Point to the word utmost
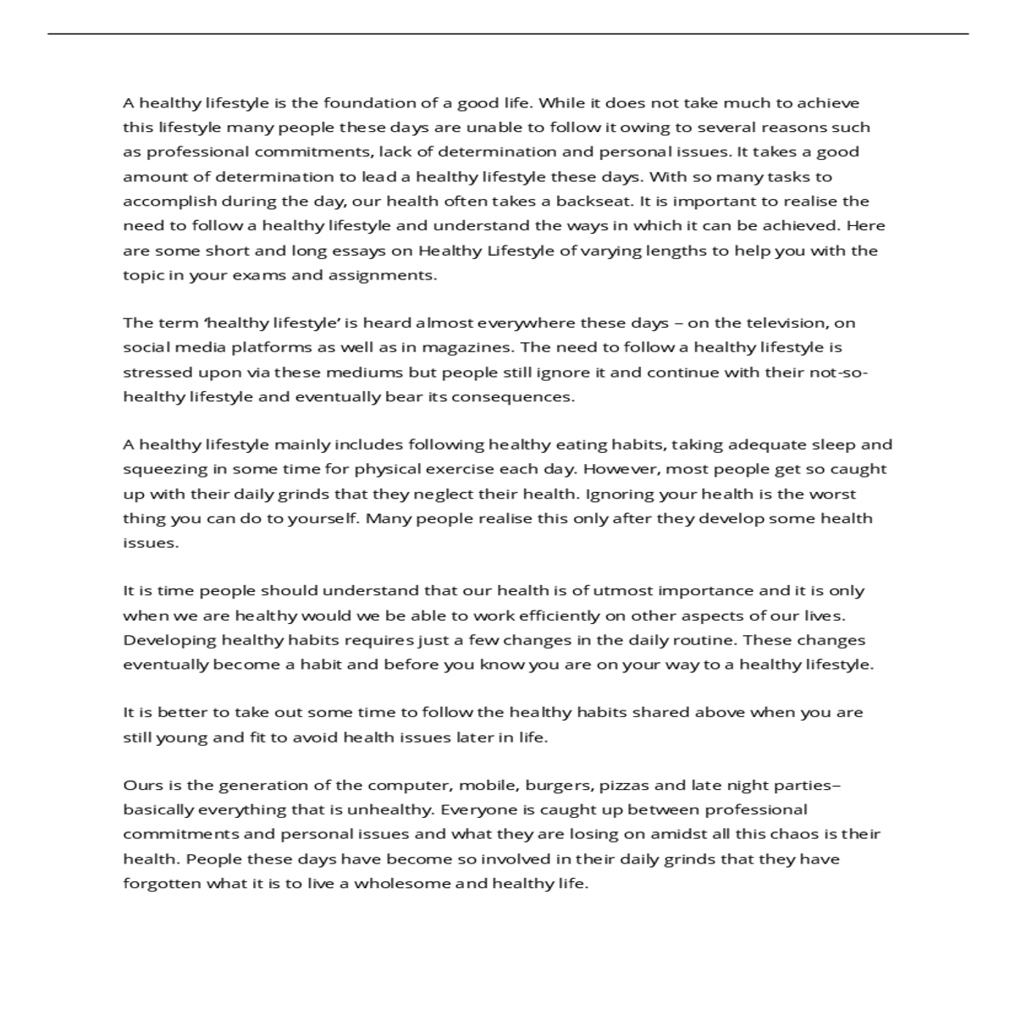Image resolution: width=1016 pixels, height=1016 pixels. click(623, 591)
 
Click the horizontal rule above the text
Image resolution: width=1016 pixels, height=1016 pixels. click(508, 34)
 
